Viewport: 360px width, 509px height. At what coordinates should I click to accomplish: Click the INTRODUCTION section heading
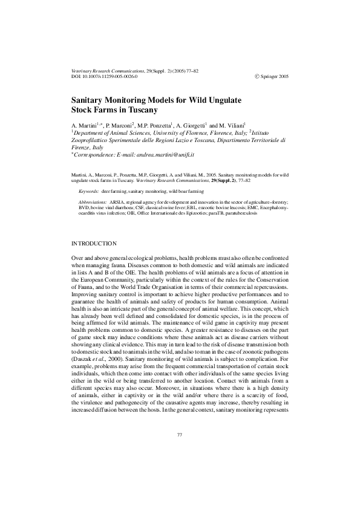94,243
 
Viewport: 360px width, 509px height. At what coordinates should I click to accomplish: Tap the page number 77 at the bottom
180,452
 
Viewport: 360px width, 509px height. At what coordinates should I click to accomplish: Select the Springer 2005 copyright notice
272,77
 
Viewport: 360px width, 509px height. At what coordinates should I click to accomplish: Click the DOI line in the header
105,77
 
